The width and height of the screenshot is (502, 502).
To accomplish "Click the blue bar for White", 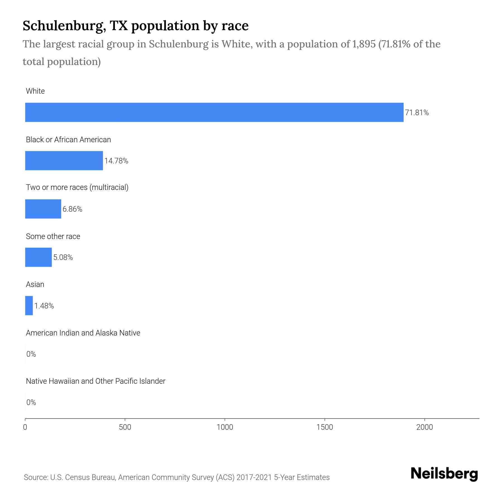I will click(214, 112).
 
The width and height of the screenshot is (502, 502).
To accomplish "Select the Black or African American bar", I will click(64, 161).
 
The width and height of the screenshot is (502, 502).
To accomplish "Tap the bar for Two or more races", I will click(43, 209).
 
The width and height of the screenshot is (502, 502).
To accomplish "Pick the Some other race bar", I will click(38, 257).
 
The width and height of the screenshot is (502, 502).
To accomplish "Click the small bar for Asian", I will click(29, 306).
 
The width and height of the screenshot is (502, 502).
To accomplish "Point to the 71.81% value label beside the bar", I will click(417, 113).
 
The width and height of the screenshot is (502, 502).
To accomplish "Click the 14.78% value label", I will click(116, 161).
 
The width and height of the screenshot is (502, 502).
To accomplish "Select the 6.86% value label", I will click(72, 209).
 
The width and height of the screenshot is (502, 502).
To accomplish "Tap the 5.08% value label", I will click(63, 257).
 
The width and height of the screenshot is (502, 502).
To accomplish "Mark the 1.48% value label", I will click(44, 306).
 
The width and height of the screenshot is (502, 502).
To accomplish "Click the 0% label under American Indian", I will click(31, 354).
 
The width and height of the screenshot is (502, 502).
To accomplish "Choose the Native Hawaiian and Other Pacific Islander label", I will click(95, 381).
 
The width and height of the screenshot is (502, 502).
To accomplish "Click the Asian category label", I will click(35, 284).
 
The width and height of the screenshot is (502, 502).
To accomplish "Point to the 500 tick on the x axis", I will click(125, 427).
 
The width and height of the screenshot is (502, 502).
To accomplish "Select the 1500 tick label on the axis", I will click(325, 427).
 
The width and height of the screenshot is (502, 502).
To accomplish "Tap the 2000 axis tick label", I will click(424, 427).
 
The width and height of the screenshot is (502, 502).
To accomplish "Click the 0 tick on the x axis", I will click(25, 427).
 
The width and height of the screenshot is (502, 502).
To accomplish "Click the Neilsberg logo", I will click(444, 474).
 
